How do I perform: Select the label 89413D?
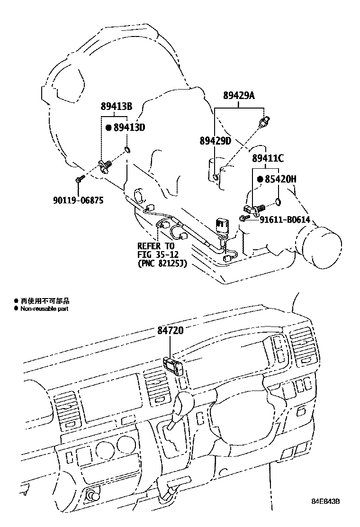click(128, 127)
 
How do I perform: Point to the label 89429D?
click(215, 141)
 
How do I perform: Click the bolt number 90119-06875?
click(78, 200)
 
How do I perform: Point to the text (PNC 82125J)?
click(162, 263)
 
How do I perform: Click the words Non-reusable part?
click(44, 309)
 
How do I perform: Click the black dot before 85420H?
click(260, 179)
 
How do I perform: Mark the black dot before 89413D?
click(108, 127)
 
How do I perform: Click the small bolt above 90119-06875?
click(80, 179)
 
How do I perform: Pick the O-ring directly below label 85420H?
click(278, 203)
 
